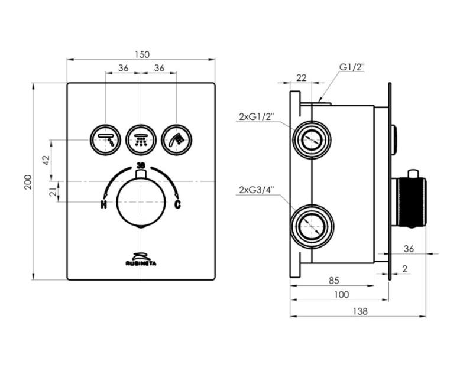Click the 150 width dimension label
pyautogui.click(x=141, y=54)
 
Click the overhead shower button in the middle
pyautogui.click(x=141, y=139)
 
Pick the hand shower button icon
pyautogui.click(x=176, y=139)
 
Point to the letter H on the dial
pyautogui.click(x=103, y=205)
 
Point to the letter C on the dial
pyautogui.click(x=177, y=205)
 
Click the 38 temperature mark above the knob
pyautogui.click(x=141, y=165)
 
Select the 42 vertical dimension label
pyautogui.click(x=46, y=160)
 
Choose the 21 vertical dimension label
pyautogui.click(x=52, y=191)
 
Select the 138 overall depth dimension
pyautogui.click(x=358, y=311)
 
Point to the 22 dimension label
pyautogui.click(x=301, y=77)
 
